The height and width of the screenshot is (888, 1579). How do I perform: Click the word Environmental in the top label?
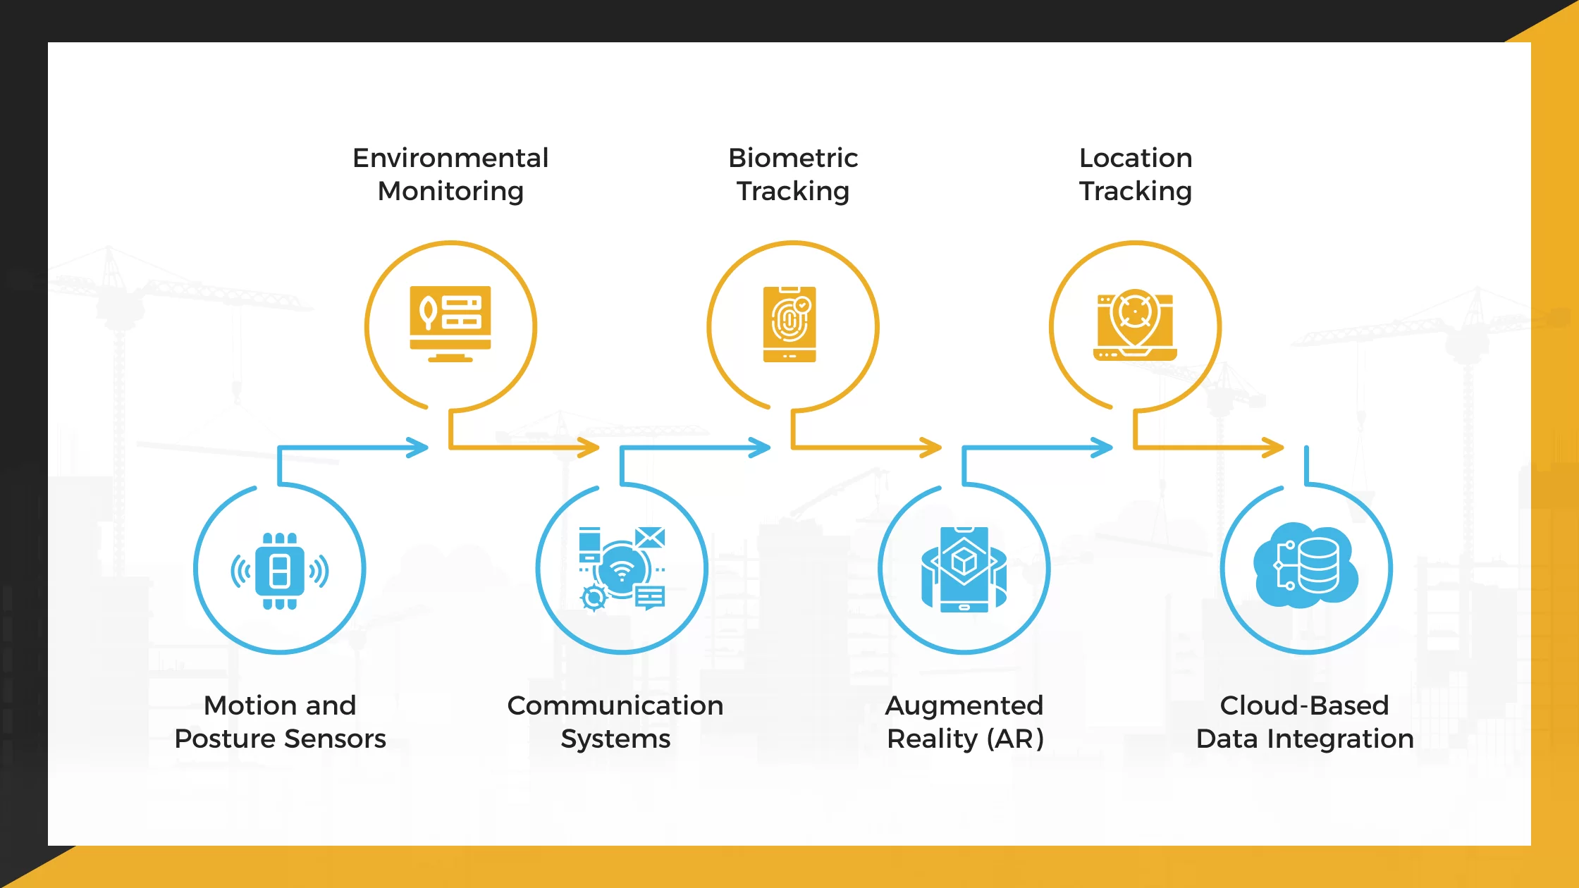coord(450,158)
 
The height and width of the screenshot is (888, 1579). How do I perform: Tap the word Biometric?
coord(793,158)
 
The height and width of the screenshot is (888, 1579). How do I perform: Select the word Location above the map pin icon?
coord(1136,158)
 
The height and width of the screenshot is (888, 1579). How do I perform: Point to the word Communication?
coord(615,705)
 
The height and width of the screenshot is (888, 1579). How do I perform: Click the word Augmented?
coord(964,705)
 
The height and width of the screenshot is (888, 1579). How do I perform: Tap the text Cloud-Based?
coord(1304,705)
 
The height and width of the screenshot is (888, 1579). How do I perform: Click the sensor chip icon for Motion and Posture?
coord(280,571)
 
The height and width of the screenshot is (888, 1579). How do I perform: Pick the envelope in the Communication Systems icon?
coord(650,538)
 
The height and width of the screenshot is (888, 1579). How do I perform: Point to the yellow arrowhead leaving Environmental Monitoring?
coord(589,448)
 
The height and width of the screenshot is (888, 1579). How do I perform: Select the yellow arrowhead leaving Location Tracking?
coord(1274,448)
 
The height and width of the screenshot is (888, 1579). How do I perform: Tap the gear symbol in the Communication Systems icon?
coord(594,598)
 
